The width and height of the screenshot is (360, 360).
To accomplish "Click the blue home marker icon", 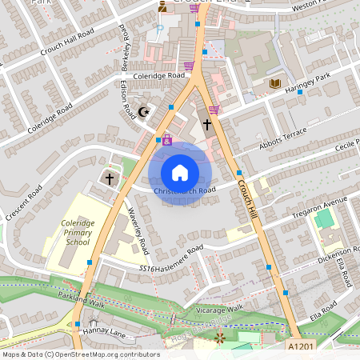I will [180, 171].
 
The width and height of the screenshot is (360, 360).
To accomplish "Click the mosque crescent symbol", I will [145, 111].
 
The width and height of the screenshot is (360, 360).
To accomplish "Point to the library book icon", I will [276, 83].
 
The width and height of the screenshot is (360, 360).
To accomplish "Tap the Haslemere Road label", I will [177, 265].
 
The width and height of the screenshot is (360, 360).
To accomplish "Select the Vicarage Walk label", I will [218, 309].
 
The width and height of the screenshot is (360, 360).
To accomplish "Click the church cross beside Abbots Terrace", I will [206, 125].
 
